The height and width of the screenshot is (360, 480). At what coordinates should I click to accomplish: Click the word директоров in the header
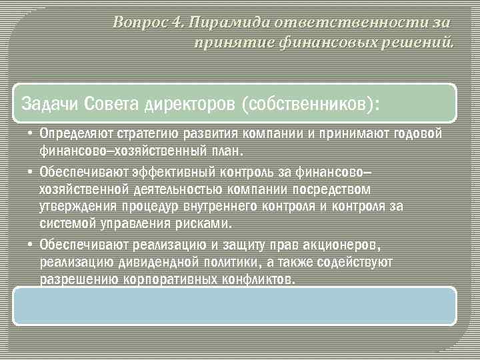coord(188,105)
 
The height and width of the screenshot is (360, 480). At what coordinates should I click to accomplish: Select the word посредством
coord(331,191)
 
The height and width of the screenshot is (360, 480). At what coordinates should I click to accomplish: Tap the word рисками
coord(206,223)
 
